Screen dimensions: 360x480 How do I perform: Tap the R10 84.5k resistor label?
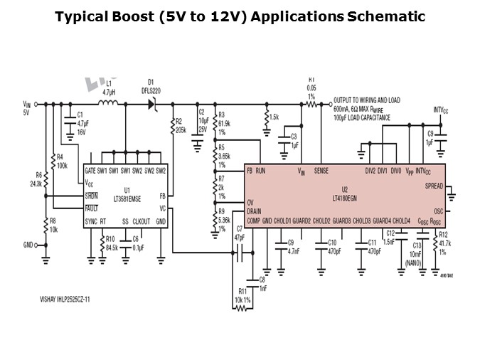coord(112,243)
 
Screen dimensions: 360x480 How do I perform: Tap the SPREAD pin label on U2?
coord(432,186)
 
